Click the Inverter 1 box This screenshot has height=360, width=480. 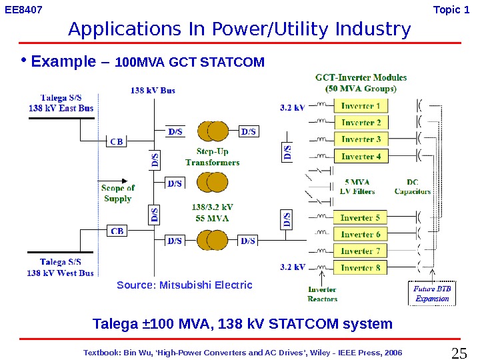coord(361,106)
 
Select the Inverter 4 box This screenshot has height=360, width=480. coord(361,157)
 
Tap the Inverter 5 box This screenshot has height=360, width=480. coord(360,218)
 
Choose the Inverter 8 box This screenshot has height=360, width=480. coord(360,268)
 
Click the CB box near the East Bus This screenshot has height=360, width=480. coord(117,141)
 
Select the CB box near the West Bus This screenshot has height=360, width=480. coord(117,231)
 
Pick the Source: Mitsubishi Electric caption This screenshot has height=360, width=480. coord(185,285)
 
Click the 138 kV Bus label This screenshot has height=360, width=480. coord(153,90)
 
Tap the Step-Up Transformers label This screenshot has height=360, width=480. coord(213,157)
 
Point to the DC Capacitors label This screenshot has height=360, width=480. coord(413,187)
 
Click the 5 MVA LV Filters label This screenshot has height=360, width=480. coord(357,187)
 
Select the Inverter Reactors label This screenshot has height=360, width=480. coord(322,294)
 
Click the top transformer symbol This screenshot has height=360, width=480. coord(213,131)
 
